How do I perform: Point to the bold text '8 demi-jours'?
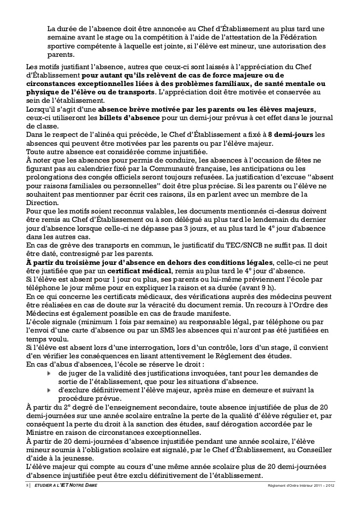click(290, 134)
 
